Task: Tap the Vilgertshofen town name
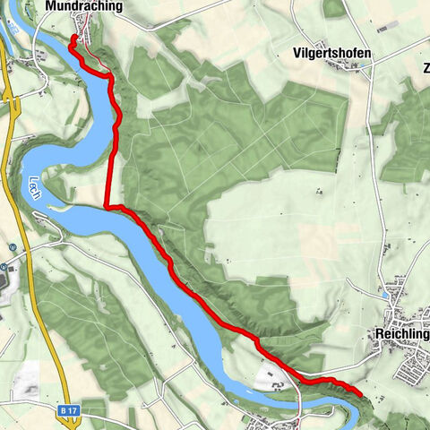[331, 54]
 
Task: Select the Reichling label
[400, 334]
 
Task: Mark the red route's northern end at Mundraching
[73, 37]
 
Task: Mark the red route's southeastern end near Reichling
[359, 392]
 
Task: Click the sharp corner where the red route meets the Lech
[107, 207]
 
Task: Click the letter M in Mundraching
[49, 7]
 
